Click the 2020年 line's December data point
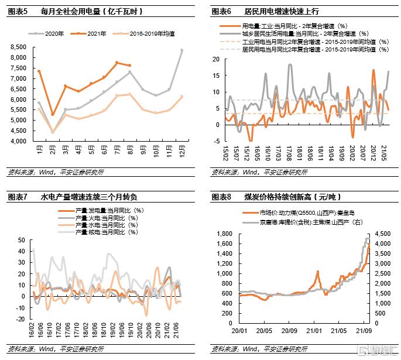pyautogui.click(x=181, y=50)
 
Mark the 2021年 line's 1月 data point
pyautogui.click(x=39, y=71)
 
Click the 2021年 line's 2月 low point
pyautogui.click(x=52, y=115)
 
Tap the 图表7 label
pyautogui.click(x=19, y=197)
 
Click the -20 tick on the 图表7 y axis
pyautogui.click(x=21, y=319)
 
